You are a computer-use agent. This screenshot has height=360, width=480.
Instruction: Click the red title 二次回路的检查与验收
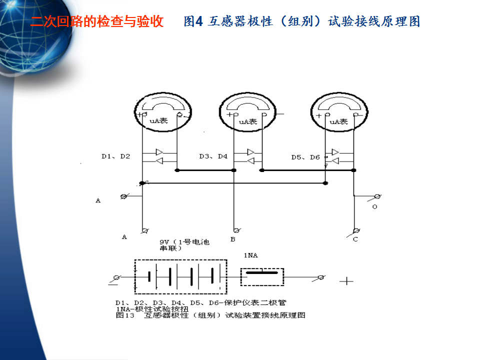click(x=97, y=22)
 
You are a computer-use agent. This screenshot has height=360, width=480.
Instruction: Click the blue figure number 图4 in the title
click(x=193, y=22)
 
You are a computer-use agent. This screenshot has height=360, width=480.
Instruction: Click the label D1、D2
click(x=115, y=156)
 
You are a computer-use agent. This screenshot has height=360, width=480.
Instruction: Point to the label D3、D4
click(x=213, y=156)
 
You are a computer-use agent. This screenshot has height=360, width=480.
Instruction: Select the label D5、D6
click(x=305, y=157)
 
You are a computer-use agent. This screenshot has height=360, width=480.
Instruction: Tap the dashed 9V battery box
click(x=180, y=276)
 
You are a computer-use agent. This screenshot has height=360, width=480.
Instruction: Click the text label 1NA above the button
click(x=250, y=256)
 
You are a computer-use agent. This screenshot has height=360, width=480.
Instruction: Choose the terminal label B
click(x=232, y=240)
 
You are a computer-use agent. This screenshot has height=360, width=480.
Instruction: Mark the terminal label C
click(x=355, y=240)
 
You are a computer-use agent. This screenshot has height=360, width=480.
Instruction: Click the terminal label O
click(x=374, y=206)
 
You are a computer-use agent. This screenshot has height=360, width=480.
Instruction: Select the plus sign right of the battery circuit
click(x=346, y=281)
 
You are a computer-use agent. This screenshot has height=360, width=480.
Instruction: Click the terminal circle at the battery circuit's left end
click(x=117, y=277)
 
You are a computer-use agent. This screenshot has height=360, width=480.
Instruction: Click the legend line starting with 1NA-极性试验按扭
click(x=152, y=309)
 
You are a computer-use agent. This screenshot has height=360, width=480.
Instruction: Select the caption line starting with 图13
click(x=210, y=315)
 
